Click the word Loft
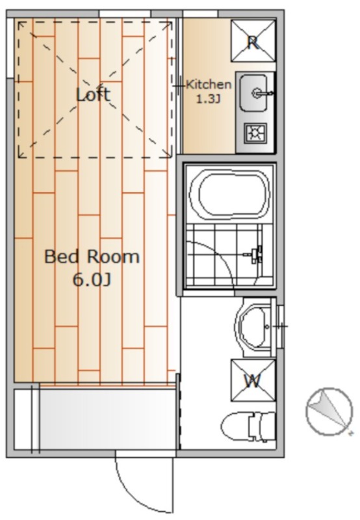[x=93, y=94]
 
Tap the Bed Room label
[x=92, y=257]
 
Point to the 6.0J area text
[x=92, y=280]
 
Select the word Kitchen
[x=209, y=84]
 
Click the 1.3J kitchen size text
[x=209, y=99]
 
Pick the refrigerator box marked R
[x=253, y=41]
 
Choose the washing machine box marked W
[x=253, y=380]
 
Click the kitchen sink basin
[x=253, y=93]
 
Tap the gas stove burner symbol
[x=255, y=133]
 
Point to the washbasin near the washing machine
[x=255, y=327]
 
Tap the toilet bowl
[x=236, y=426]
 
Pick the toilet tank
[x=264, y=426]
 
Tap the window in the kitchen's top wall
[x=201, y=14]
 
